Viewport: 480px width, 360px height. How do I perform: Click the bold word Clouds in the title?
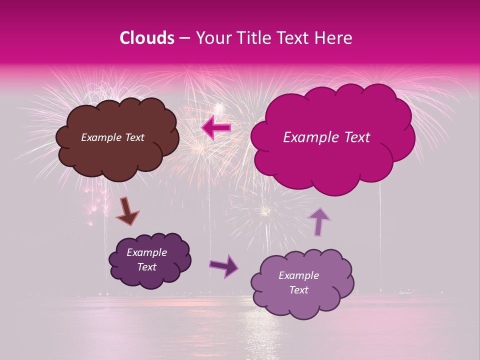point(147,38)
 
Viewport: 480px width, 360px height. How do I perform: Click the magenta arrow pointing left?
point(216,128)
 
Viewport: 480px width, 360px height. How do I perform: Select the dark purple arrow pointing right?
point(224,265)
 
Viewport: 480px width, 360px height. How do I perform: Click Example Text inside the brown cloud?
point(112,137)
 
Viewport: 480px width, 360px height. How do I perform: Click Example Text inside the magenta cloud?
point(326,137)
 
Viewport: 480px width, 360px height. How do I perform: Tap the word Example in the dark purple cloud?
point(146,252)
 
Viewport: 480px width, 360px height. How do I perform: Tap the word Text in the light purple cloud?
point(298,290)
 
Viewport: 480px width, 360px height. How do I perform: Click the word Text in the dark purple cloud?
point(146,267)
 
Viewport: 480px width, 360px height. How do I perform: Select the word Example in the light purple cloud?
point(298,275)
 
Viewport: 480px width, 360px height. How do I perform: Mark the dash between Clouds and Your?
point(184,38)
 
